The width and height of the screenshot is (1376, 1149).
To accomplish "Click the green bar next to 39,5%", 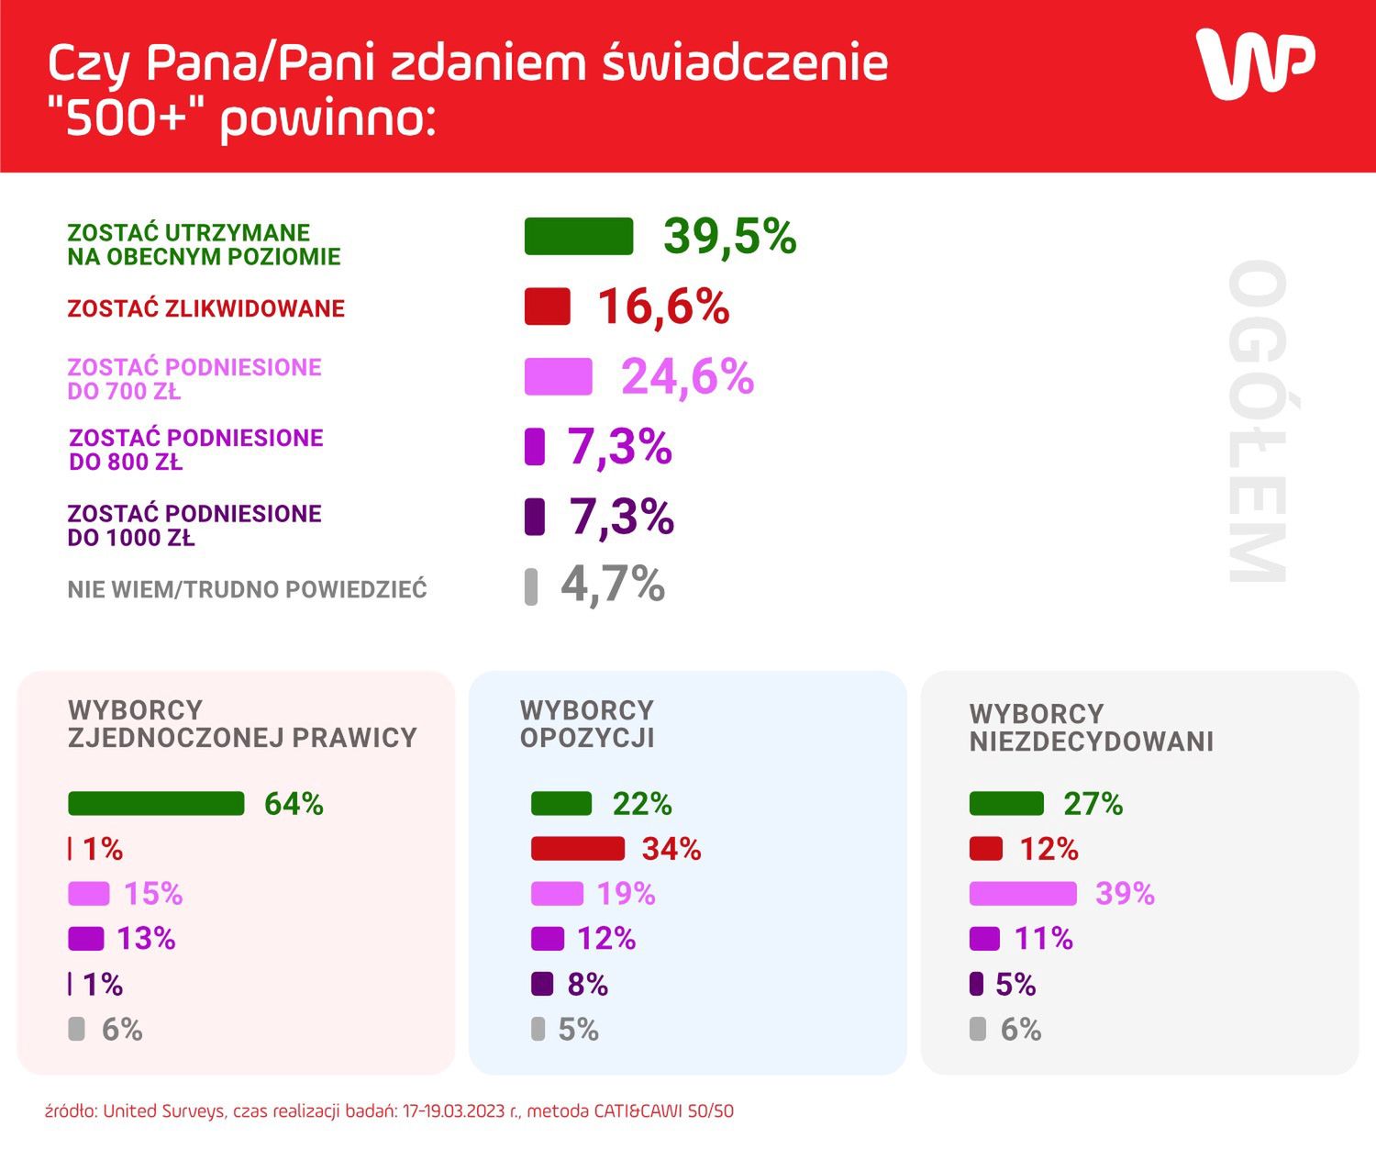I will [579, 237].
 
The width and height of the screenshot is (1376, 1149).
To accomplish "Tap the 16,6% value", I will [663, 307].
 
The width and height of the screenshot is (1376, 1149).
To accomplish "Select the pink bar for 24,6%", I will [558, 377].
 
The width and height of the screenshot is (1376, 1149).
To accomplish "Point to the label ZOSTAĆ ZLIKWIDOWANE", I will [205, 308].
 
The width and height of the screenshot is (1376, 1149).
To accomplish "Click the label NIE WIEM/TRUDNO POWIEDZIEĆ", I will [247, 589].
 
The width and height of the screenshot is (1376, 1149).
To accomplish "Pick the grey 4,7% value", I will [612, 585].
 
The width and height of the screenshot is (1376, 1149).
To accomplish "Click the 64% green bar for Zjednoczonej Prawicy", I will [156, 804].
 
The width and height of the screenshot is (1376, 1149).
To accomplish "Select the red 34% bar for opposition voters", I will [577, 849].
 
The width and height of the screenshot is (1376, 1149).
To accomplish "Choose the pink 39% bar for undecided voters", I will [1023, 894].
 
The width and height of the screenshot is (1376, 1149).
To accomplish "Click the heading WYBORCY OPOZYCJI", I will [587, 724].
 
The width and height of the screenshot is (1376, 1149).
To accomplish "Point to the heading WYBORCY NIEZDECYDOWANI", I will [1091, 728].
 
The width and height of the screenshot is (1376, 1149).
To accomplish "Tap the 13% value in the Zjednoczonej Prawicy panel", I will [146, 939].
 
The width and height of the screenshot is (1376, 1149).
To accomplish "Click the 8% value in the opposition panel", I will [587, 985].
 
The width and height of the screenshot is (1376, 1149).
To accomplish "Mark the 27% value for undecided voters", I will [1093, 804].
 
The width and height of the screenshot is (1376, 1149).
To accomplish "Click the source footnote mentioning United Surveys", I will [389, 1111].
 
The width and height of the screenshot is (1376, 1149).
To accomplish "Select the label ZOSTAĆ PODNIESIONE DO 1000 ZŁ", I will [194, 525].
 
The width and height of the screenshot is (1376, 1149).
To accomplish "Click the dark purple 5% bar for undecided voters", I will [977, 985].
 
